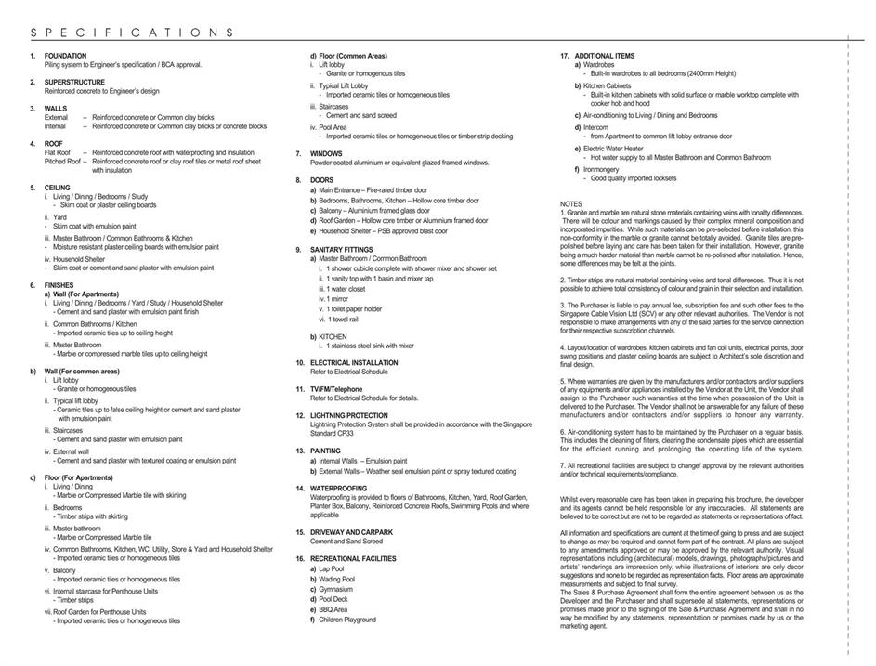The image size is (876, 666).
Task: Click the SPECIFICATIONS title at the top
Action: pyautogui.click(x=133, y=33)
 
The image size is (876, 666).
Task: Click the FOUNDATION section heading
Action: pyautogui.click(x=65, y=56)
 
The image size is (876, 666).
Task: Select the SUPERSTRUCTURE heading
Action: pyautogui.click(x=74, y=83)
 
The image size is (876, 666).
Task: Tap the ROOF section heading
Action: pyautogui.click(x=53, y=144)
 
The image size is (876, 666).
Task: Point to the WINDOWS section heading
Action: pyautogui.click(x=326, y=153)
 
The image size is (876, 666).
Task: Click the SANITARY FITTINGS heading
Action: pyautogui.click(x=343, y=250)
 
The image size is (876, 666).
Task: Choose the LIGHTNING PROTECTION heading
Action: pyautogui.click(x=348, y=415)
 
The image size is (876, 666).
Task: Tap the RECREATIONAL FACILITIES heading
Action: pyautogui.click(x=356, y=558)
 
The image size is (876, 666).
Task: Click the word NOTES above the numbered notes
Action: pyautogui.click(x=572, y=203)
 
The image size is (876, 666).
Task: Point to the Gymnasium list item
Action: pyautogui.click(x=335, y=589)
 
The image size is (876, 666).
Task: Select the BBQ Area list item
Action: pyautogui.click(x=333, y=609)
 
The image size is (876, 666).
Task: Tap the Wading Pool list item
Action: pyautogui.click(x=336, y=579)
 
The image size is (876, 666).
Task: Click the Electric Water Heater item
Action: pyautogui.click(x=612, y=149)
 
